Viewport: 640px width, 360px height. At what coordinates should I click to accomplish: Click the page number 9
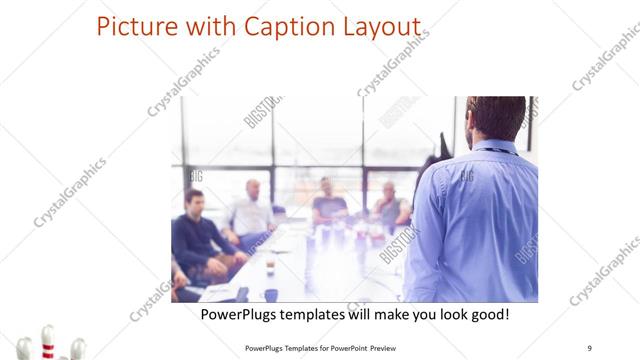(589, 347)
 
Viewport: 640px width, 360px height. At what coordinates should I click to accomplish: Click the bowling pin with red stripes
(47, 340)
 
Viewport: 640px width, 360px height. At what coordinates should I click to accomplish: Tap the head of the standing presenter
(496, 118)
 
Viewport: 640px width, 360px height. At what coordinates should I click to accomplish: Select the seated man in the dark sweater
(196, 235)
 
